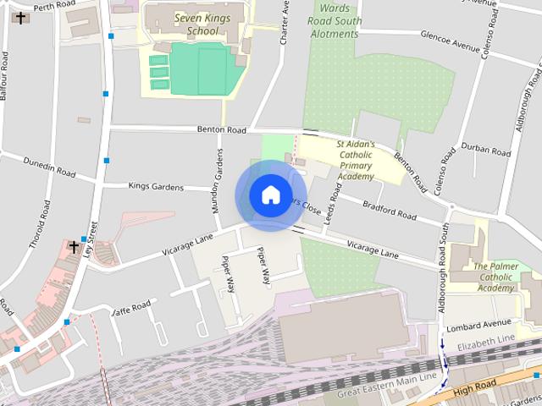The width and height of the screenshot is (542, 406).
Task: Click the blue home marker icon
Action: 270,195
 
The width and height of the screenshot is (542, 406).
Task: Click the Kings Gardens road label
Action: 155,185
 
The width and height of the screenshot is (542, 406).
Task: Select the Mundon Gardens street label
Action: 217,180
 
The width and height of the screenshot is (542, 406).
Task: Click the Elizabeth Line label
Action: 485,343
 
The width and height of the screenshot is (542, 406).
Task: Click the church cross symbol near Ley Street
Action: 74,248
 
